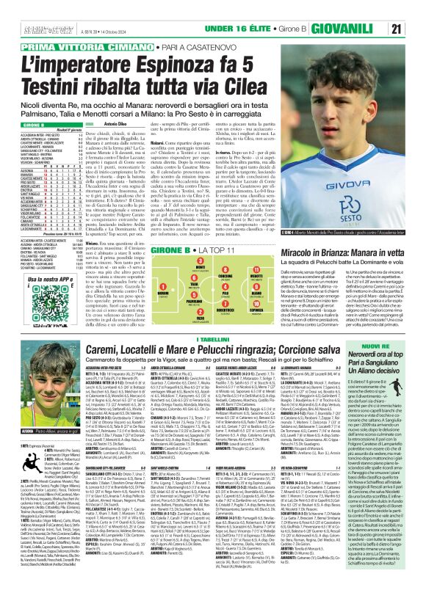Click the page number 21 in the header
tap(415, 9)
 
